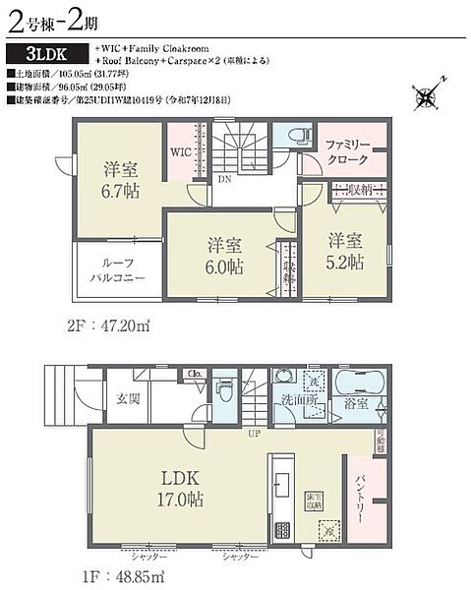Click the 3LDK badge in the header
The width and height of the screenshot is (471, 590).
[x=47, y=54]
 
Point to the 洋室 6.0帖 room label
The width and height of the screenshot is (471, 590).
[x=224, y=256]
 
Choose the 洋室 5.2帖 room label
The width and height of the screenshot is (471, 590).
[x=346, y=252]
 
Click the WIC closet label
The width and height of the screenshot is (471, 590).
[x=181, y=153]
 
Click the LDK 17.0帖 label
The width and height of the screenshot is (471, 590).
[x=182, y=489]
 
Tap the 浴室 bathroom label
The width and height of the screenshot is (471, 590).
[x=356, y=404]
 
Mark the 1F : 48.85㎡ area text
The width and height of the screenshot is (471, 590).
[x=108, y=573]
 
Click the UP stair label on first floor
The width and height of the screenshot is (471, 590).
[x=254, y=434]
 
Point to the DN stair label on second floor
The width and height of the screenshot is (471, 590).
[x=224, y=181]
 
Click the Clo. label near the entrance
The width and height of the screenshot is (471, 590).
[x=195, y=374]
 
